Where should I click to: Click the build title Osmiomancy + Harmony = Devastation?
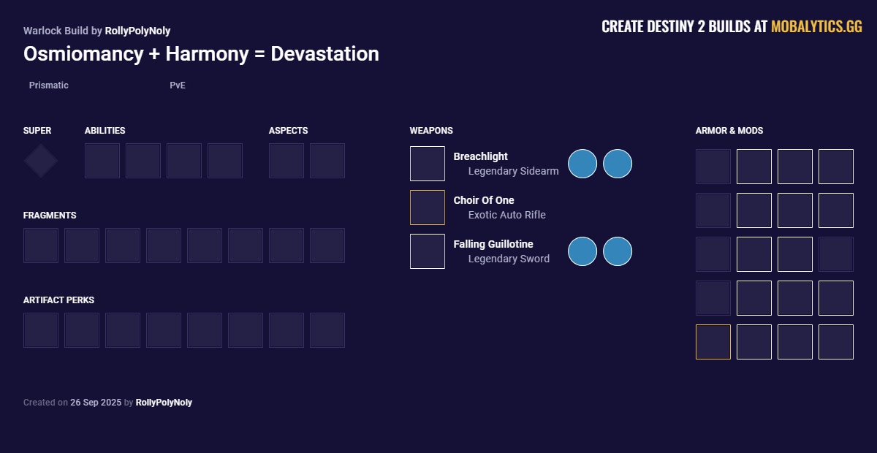201,53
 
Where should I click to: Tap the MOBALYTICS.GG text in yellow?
816,26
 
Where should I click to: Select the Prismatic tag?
48,85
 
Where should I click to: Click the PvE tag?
178,85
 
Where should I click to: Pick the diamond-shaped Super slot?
40,161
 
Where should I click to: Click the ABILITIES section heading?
105,130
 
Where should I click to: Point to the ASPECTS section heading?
288,130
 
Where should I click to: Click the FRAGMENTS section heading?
50,216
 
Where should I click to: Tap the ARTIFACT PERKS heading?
58,300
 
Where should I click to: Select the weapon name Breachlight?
480,156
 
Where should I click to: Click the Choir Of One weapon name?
484,200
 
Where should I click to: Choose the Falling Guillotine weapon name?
493,244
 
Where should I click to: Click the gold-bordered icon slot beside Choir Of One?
427,208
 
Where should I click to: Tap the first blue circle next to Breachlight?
582,164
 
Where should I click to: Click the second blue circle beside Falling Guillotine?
618,251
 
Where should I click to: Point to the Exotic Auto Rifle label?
506,215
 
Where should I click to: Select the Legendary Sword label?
509,259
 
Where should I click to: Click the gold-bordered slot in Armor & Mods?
713,342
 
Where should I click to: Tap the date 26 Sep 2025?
96,403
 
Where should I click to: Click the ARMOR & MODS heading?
729,130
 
